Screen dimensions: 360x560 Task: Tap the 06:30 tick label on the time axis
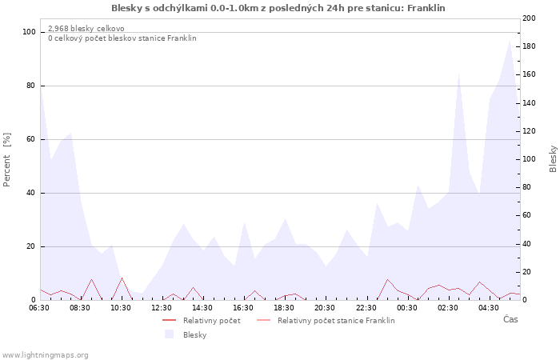(41, 307)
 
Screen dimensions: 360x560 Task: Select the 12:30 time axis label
(162, 307)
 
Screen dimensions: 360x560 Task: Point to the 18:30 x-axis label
(285, 307)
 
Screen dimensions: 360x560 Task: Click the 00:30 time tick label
(407, 307)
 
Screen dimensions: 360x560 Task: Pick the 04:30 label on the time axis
(489, 307)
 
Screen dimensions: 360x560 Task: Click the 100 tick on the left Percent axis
(30, 32)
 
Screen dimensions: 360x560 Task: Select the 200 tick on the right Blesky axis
(529, 18)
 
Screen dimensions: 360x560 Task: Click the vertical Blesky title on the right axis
(553, 158)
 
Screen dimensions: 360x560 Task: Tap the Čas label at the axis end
(510, 319)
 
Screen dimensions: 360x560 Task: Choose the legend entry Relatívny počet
(211, 321)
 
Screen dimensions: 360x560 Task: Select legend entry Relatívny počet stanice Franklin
(336, 321)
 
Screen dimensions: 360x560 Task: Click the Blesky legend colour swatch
(169, 334)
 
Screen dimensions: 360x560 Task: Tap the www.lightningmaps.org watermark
(45, 354)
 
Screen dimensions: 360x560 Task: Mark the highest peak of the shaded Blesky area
(510, 40)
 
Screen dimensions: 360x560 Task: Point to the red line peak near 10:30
(122, 278)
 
